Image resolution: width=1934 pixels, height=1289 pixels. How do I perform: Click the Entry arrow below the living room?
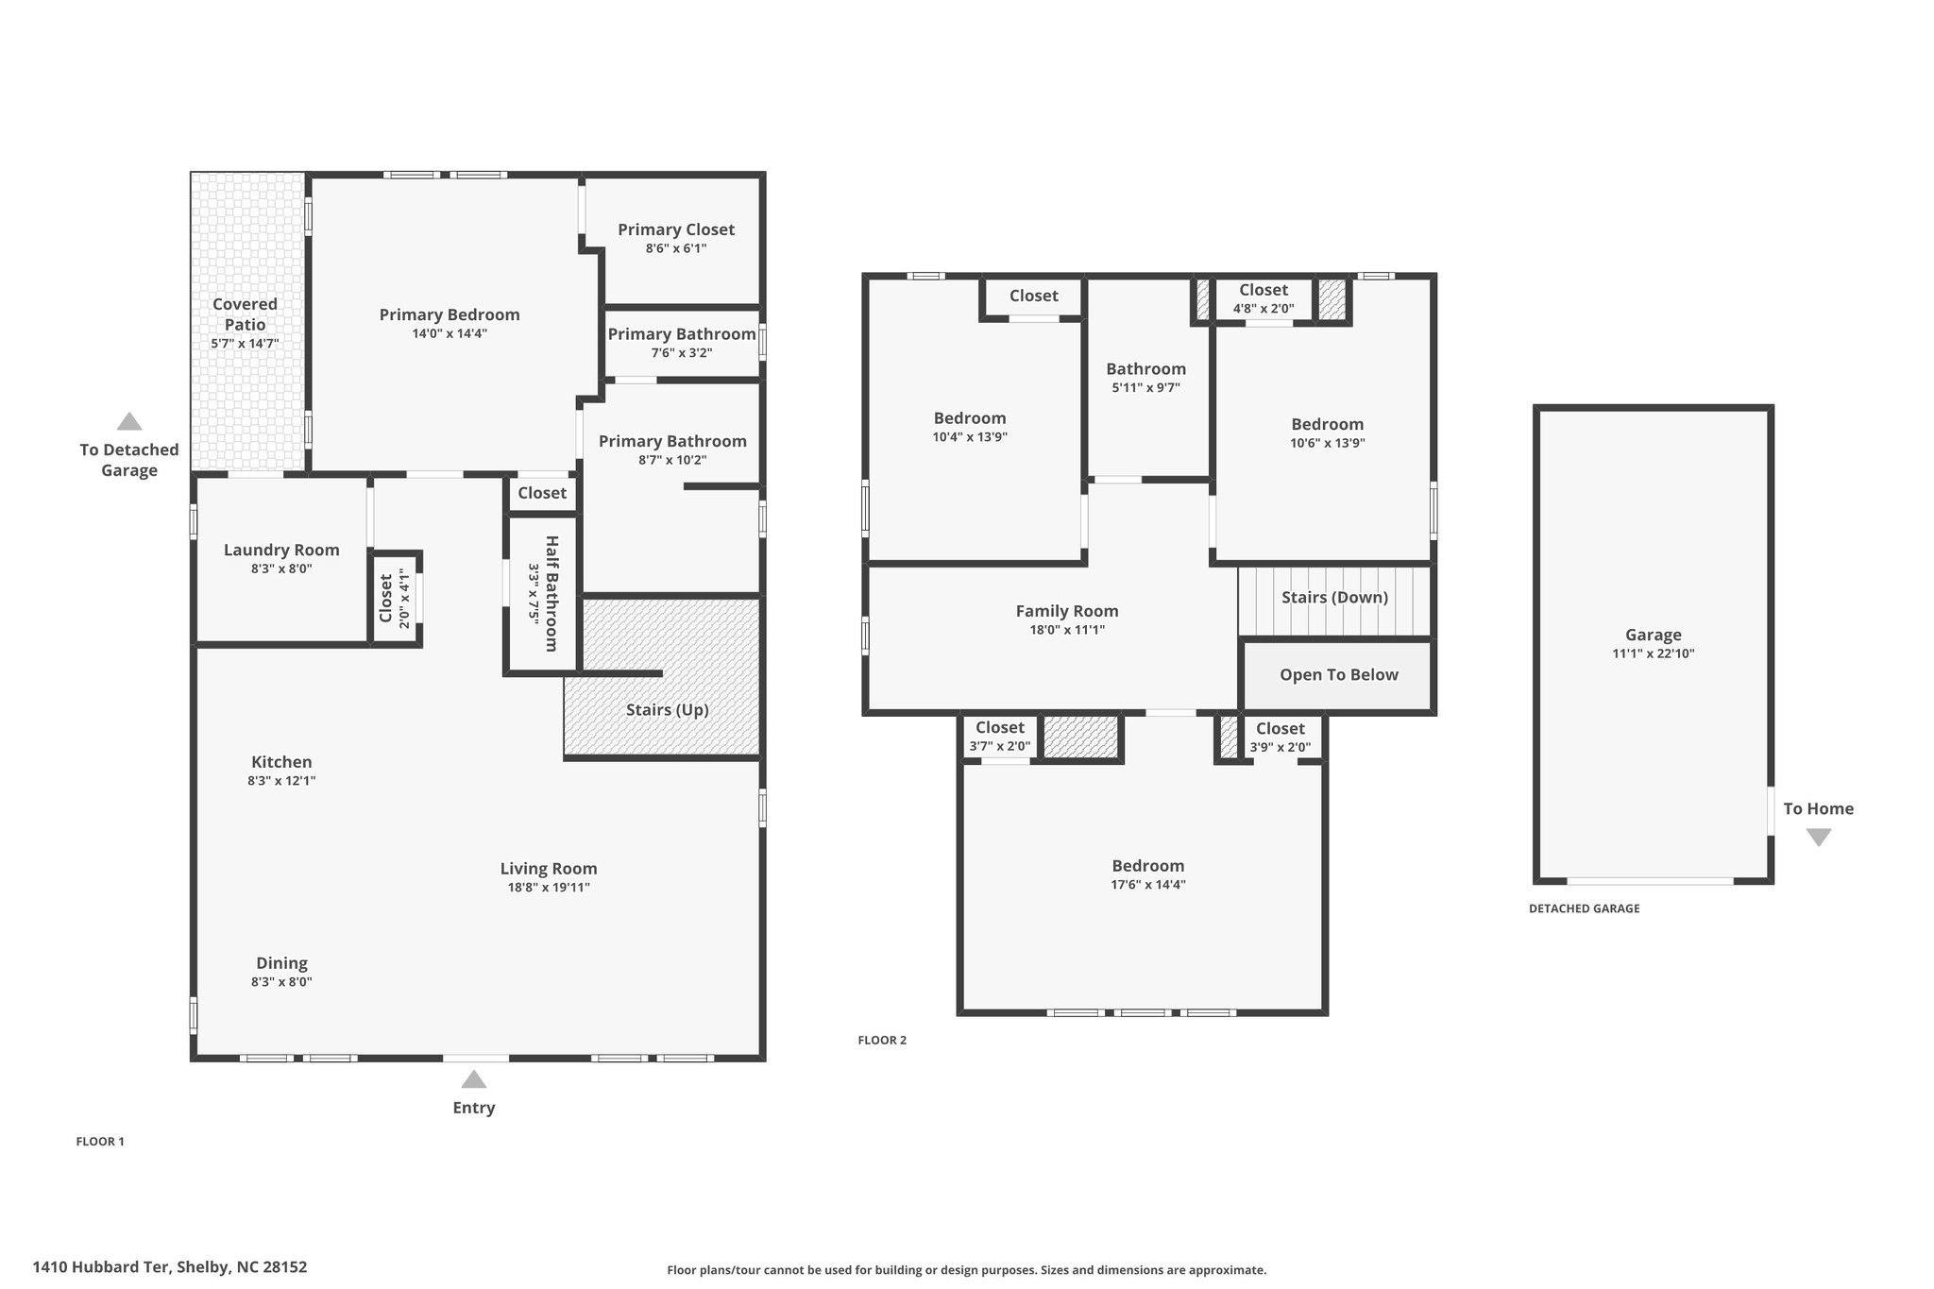474,1078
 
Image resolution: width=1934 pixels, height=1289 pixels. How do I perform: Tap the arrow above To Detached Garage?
129,421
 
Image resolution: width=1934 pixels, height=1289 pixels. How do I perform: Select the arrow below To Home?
1819,838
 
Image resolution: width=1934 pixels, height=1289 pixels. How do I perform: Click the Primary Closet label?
676,229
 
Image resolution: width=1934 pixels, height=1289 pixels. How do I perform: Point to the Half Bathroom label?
552,594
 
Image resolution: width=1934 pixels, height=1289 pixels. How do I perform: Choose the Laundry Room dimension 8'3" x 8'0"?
281,569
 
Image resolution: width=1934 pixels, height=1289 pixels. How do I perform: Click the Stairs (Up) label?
667,710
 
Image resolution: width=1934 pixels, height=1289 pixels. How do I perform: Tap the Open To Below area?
1338,675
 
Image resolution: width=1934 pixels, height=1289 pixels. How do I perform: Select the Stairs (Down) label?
1334,598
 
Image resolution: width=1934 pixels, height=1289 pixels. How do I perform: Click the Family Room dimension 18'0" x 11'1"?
1067,630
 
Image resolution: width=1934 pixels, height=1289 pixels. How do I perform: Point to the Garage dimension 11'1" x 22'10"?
1654,653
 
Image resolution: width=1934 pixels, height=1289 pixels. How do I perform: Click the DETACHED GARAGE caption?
1585,908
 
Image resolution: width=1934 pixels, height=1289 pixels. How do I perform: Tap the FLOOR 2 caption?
882,1041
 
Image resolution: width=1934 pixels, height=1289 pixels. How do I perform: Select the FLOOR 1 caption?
100,1142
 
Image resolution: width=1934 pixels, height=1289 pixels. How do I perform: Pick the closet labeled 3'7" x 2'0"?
1000,737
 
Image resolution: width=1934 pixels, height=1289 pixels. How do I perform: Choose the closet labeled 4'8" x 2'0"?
1264,298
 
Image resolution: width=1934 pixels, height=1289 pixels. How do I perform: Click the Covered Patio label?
245,314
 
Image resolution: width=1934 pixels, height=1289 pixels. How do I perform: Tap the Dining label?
281,963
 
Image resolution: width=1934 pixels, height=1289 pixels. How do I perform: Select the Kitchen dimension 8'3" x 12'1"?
281,781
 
